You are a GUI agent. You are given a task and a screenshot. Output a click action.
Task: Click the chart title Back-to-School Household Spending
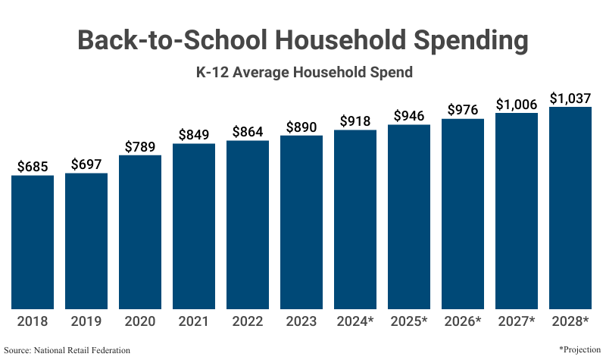303,41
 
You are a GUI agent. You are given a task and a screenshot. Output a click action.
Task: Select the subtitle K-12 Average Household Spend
303,74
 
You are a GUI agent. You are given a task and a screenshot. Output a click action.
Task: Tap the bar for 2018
33,243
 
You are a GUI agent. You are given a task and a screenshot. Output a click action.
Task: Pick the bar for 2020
140,232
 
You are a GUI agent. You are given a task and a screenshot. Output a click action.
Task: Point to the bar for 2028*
570,208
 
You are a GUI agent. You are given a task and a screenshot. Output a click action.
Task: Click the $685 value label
33,165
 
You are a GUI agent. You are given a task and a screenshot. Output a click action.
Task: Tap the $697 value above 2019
86,164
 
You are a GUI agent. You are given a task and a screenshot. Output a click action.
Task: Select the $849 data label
194,134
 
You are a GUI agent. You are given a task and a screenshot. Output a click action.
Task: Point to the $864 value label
248,131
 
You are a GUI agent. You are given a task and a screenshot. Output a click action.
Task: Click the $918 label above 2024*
355,121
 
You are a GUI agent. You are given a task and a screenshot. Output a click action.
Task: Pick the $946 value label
409,116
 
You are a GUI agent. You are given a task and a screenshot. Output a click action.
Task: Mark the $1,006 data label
517,105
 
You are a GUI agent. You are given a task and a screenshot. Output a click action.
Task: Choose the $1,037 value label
570,98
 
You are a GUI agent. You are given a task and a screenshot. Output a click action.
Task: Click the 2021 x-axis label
194,321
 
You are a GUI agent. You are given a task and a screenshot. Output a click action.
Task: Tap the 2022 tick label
248,321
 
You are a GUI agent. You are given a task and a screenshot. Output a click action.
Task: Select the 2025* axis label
409,321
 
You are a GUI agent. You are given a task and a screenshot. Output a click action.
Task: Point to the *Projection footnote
579,349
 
